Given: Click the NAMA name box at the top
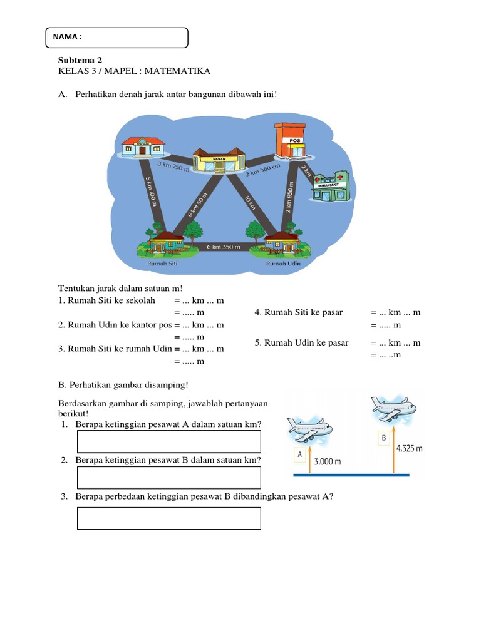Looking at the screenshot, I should (117, 38).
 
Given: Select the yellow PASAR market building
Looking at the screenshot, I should (219, 160).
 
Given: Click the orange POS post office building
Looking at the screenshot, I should (289, 140).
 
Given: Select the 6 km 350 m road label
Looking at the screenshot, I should (224, 247).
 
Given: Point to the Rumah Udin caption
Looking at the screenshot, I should (283, 264).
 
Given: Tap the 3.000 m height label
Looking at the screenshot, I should (327, 462).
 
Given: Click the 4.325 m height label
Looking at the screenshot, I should (410, 448).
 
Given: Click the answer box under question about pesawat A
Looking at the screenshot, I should (168, 441).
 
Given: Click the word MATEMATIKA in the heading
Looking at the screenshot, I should (180, 71).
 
